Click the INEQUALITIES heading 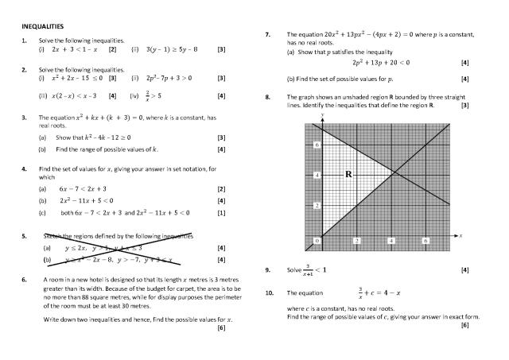[x=41, y=26]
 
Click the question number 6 [x=24, y=281]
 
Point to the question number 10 [x=269, y=292]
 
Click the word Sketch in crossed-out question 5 [x=52, y=236]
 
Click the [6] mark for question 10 [x=464, y=324]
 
